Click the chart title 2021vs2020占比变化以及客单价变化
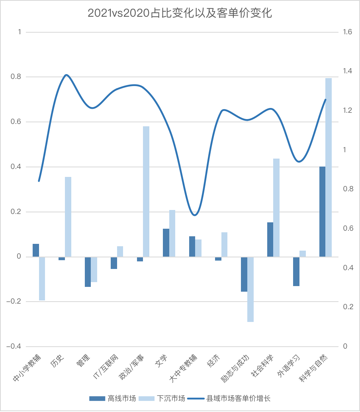coord(180,13)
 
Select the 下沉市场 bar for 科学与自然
coord(329,167)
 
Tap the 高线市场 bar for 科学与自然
coord(322,212)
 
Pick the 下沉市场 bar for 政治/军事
coord(146,192)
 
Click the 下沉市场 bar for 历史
coord(68,217)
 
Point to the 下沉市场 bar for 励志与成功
coord(250,289)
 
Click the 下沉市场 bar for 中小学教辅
coord(42,279)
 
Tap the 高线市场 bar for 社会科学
coord(270,239)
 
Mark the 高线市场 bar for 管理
coord(88,272)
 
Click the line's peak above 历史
coord(66,75)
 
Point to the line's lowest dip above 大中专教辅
coord(194,215)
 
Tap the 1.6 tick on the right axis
coord(347,32)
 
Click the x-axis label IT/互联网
coord(105,367)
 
